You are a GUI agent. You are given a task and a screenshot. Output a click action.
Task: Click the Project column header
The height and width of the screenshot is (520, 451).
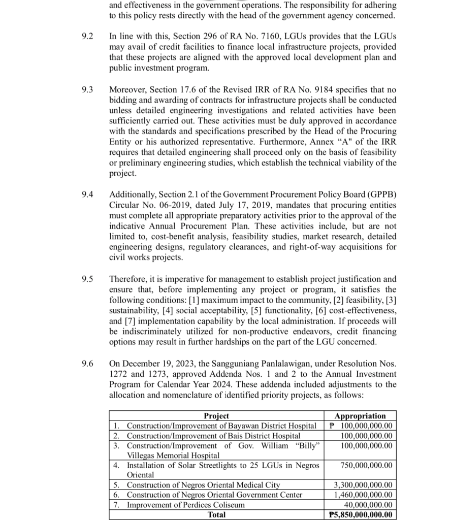pyautogui.click(x=216, y=416)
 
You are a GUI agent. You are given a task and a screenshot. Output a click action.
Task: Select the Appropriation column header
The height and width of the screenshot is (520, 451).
pyautogui.click(x=360, y=416)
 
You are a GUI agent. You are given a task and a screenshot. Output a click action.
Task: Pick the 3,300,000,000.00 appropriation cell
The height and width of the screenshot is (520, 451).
pyautogui.click(x=363, y=485)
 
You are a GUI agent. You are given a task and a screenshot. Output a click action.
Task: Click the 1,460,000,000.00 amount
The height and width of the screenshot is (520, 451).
pyautogui.click(x=363, y=495)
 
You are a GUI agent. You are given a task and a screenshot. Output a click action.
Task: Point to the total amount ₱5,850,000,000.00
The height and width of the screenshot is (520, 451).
pyautogui.click(x=360, y=514)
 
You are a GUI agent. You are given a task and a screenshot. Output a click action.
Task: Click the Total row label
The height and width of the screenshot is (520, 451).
pyautogui.click(x=216, y=514)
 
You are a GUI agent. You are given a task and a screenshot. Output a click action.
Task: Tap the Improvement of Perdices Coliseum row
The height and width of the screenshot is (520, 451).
pyautogui.click(x=185, y=505)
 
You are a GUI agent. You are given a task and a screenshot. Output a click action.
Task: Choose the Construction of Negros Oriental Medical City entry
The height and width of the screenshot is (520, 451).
pyautogui.click(x=203, y=485)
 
